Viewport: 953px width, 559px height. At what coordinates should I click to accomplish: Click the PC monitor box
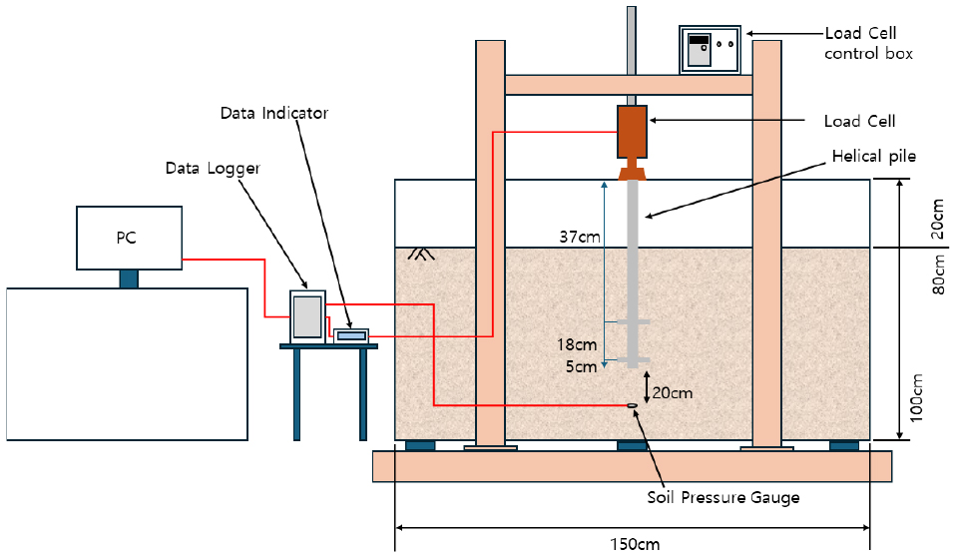coord(129,238)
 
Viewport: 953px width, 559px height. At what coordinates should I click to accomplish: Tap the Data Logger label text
coord(213,170)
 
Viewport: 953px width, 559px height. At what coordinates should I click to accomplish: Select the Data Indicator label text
coord(274,113)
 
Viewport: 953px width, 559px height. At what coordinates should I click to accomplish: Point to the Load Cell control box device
coord(713,49)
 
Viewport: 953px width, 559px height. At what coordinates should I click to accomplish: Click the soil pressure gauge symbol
coord(632,405)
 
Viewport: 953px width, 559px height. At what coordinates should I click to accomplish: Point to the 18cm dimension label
coord(577,345)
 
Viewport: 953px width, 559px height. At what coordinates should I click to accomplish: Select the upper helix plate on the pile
coord(632,321)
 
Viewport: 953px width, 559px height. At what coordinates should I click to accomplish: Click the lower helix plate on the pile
coord(632,359)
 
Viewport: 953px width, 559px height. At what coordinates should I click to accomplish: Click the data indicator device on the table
coord(350,336)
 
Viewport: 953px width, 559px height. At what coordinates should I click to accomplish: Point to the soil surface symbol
coord(421,255)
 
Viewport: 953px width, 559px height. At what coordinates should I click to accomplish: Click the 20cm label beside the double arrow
coord(675,392)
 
